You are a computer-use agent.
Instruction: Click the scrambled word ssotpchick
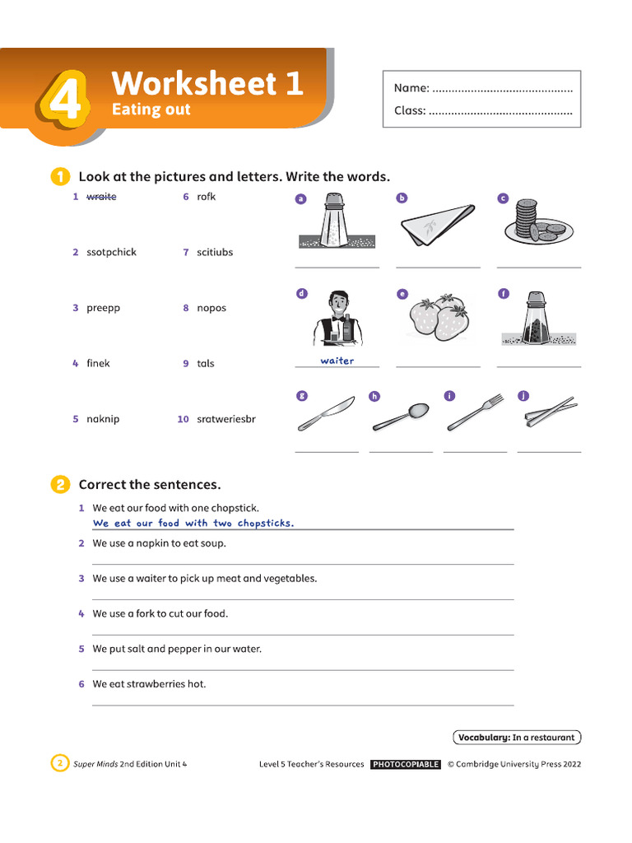[x=111, y=253]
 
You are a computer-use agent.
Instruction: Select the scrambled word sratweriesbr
[x=226, y=419]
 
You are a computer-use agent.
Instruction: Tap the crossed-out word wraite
[x=101, y=197]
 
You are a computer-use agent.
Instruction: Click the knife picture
[x=326, y=413]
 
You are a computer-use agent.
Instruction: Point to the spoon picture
[x=401, y=417]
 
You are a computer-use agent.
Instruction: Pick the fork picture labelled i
[x=475, y=412]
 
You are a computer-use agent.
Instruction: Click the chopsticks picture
[x=549, y=412]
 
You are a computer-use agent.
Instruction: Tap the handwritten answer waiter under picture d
[x=337, y=361]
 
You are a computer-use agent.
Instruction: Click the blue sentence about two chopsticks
[x=193, y=524]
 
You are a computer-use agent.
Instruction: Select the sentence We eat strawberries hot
[x=149, y=684]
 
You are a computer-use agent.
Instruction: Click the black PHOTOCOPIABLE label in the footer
[x=406, y=764]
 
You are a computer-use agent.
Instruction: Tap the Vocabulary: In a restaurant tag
[x=517, y=738]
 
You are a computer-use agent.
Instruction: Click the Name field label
[x=411, y=88]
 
